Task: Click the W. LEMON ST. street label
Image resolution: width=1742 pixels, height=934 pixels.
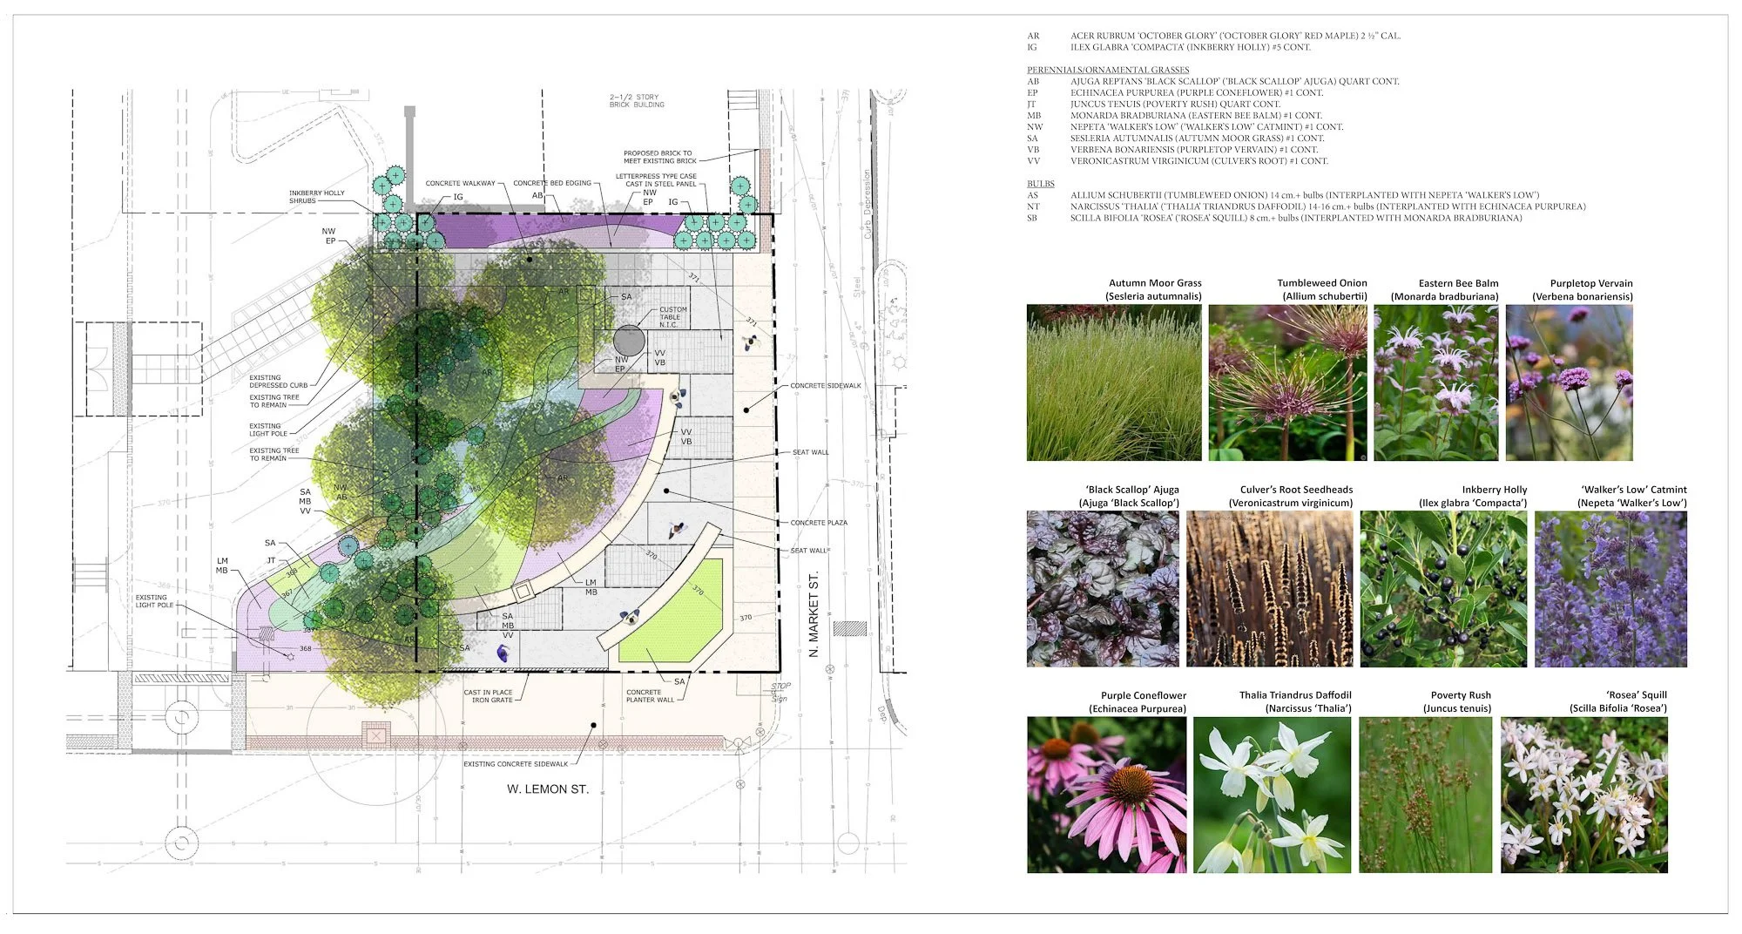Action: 548,789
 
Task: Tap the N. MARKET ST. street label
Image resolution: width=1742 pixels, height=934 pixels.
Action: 814,614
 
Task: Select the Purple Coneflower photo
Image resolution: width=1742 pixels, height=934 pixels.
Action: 1106,795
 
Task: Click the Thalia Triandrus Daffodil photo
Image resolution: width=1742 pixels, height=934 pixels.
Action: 1272,795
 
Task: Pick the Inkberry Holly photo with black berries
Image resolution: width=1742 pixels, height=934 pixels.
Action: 1443,589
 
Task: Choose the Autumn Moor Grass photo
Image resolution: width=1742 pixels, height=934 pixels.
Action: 1114,382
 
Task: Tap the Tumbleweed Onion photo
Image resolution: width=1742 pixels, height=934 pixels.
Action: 1287,382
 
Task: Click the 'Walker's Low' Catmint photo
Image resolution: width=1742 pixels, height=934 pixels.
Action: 1610,589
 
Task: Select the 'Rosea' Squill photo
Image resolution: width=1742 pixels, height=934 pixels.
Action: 1583,795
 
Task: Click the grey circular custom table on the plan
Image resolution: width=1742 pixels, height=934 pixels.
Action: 629,341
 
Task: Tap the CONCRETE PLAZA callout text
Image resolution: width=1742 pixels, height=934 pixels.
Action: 819,523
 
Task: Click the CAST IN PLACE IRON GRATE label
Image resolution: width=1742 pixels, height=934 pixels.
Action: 489,696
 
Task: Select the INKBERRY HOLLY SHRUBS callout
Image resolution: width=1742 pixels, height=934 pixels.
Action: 317,197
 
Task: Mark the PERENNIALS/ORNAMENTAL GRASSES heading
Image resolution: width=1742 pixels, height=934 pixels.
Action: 1108,70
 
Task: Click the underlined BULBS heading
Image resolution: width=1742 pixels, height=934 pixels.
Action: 1040,184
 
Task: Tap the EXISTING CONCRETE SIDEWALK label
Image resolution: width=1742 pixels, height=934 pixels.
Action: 516,764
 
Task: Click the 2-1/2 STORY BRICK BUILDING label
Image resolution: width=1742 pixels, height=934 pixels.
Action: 637,101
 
